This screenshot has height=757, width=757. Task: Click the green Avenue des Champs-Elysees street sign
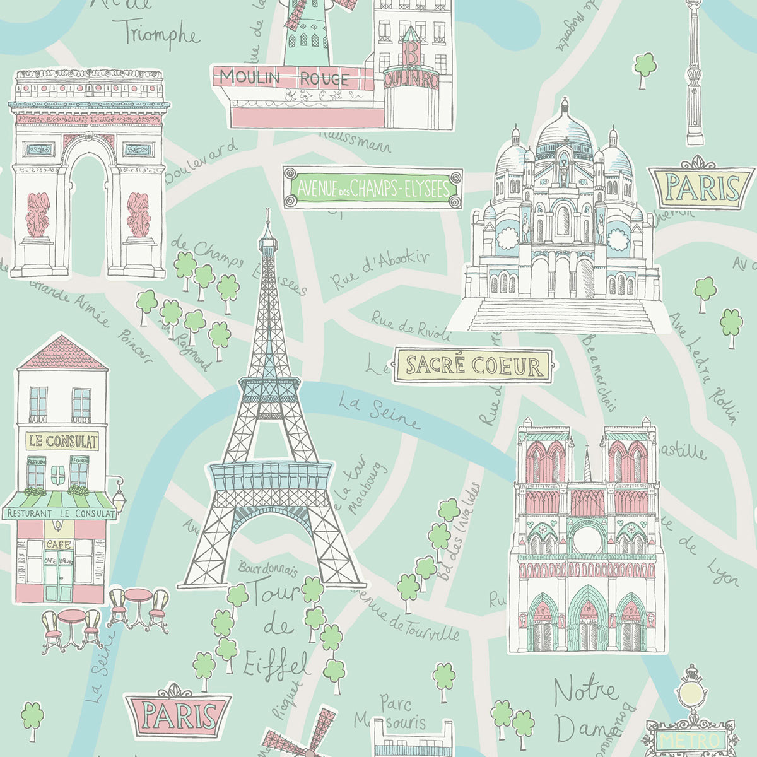click(372, 187)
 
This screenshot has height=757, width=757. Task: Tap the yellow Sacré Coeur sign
click(472, 365)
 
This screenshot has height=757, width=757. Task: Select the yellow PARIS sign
click(703, 187)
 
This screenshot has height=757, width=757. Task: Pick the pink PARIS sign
click(178, 715)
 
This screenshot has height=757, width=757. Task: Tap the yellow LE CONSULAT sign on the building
click(62, 440)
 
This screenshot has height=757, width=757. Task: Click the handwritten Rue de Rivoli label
click(410, 324)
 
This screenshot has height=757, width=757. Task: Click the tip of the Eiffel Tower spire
click(268, 212)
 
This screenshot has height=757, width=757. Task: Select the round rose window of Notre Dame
click(587, 539)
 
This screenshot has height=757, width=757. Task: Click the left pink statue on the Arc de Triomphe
click(38, 214)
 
